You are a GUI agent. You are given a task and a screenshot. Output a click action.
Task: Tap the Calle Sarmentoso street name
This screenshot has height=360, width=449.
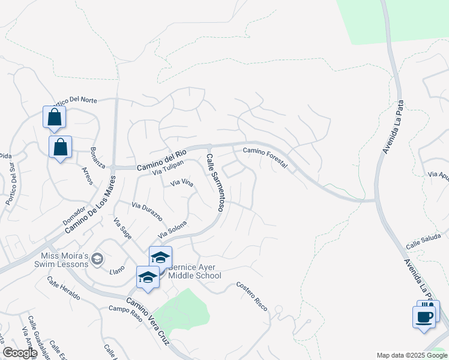point(215,182)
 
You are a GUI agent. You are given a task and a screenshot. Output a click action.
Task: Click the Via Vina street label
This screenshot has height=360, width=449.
point(182,183)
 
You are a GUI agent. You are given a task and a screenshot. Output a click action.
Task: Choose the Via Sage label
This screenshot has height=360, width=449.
point(122,229)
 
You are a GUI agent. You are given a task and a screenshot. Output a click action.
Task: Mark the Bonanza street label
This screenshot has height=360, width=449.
point(97,157)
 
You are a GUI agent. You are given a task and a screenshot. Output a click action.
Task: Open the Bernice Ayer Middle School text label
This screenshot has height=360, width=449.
point(194,272)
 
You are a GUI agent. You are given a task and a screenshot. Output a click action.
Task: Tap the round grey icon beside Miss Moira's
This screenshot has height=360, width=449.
point(98,259)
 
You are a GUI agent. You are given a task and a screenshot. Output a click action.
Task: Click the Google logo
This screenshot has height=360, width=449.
point(19,352)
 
